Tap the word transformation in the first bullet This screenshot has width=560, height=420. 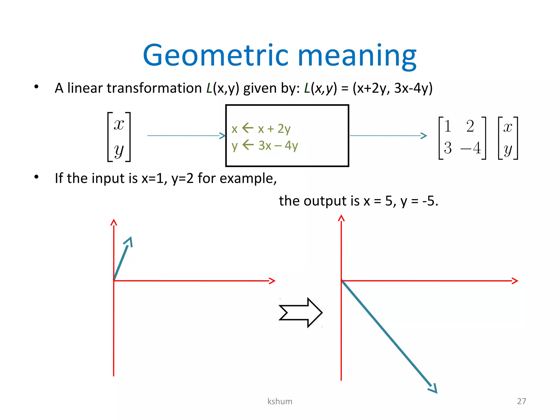coord(154,88)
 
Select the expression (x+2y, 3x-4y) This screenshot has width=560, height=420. coord(393,88)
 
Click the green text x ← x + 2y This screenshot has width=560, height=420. coord(261,129)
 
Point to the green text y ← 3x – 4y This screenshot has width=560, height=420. coord(265,145)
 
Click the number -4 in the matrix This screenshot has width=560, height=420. coord(471,148)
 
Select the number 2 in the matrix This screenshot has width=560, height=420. coord(470,126)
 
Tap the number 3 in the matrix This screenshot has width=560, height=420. coord(448,148)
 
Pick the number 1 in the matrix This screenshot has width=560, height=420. coord(448,126)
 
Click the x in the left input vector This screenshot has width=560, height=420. coord(119,124)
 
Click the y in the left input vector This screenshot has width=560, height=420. coord(119,150)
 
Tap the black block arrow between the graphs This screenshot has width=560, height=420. coord(301,312)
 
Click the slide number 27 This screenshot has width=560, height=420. coord(521,401)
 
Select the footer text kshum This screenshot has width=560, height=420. coord(280,401)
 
